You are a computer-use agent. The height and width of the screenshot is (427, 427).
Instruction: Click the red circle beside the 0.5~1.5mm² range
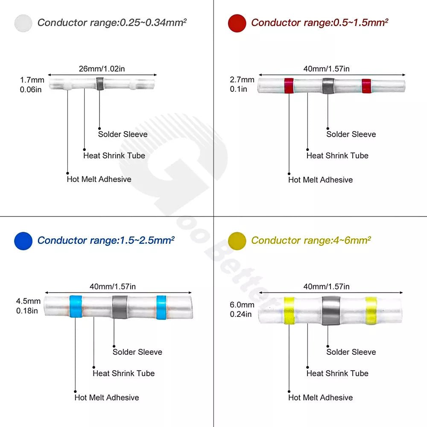237,23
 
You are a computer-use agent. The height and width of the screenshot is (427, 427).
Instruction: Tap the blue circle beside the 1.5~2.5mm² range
23,241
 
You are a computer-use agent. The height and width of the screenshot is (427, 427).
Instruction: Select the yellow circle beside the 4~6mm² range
237,241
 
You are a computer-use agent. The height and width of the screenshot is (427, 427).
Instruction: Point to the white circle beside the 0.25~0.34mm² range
23,23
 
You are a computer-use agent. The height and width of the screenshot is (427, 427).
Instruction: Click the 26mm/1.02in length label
102,68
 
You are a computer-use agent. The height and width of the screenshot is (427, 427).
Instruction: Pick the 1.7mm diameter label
32,80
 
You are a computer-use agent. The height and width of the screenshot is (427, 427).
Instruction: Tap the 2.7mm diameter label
242,80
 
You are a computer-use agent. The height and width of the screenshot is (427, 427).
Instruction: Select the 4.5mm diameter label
29,301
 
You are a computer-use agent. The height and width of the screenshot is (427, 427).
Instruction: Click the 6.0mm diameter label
242,305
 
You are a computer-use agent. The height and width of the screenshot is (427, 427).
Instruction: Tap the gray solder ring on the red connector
328,85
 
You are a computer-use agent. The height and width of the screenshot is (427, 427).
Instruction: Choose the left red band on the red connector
289,85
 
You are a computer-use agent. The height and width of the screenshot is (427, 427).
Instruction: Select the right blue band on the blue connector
161,307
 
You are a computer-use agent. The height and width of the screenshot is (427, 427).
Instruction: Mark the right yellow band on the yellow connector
371,310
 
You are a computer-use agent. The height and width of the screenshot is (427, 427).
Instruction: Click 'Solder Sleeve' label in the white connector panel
123,134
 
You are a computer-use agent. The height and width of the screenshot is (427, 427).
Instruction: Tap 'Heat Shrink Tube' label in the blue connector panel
124,373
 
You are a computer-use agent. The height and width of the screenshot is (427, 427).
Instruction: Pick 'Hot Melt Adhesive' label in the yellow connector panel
321,398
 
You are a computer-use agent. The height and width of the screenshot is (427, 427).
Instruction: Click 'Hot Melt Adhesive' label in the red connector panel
321,180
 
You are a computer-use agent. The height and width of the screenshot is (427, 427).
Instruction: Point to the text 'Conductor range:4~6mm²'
310,240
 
